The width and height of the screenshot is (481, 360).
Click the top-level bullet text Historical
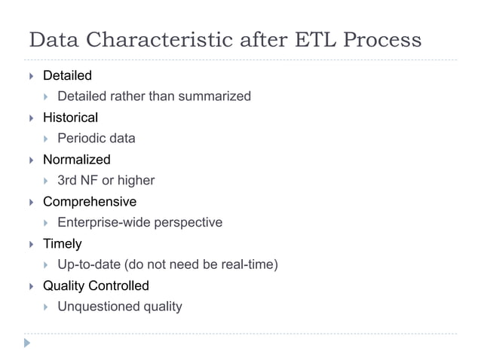70,117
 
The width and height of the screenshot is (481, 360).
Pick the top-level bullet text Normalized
76,160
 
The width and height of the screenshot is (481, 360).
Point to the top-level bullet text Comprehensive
90,202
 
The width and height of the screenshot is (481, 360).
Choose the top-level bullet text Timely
62,244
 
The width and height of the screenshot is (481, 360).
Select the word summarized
215,96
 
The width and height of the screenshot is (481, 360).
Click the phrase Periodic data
97,139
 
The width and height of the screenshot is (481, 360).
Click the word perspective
187,223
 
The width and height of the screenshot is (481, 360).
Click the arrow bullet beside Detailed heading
31,76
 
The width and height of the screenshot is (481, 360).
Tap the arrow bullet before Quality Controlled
31,287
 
